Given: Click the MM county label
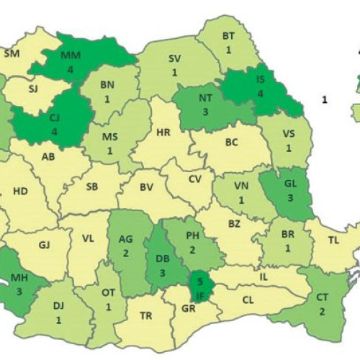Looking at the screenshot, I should [71, 55].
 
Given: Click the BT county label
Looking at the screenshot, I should [228, 36].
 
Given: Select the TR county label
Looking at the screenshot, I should [145, 315].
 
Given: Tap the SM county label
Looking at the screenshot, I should [12, 53].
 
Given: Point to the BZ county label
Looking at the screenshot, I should [234, 224].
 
